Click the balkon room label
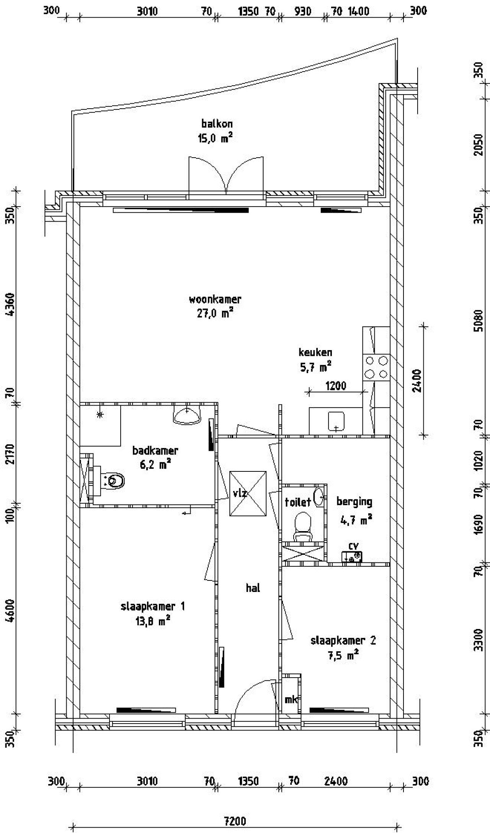[217, 124]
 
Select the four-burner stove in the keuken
[376, 367]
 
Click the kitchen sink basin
[336, 421]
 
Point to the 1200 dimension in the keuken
[336, 386]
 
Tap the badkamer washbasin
[187, 415]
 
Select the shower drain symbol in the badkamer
[100, 414]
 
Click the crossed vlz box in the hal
[248, 493]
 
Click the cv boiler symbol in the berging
[352, 557]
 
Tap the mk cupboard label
[291, 699]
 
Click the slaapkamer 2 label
[343, 640]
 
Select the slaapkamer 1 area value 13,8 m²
[152, 621]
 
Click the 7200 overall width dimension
[235, 821]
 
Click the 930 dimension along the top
[303, 11]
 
